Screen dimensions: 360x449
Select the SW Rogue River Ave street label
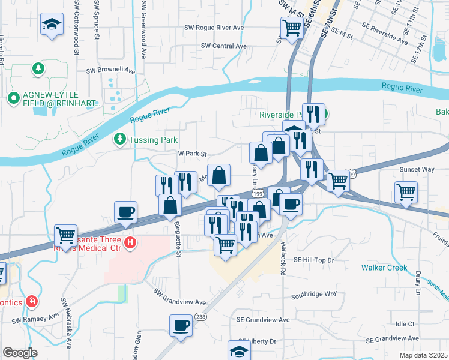point(214,28)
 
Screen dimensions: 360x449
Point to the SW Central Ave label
point(224,46)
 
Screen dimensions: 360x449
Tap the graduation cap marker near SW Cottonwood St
point(52,25)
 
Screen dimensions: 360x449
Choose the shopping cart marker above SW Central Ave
point(292,27)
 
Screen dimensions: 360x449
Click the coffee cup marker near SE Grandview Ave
point(181,325)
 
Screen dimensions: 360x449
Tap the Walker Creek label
point(384,268)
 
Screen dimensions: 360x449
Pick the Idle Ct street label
point(406,324)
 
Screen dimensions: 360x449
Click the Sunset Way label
point(417,169)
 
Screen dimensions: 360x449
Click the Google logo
point(20,353)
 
